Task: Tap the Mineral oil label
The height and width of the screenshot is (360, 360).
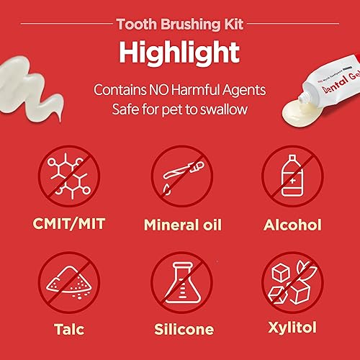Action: [x=181, y=225]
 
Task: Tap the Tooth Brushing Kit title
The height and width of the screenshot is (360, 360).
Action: [x=180, y=22]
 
